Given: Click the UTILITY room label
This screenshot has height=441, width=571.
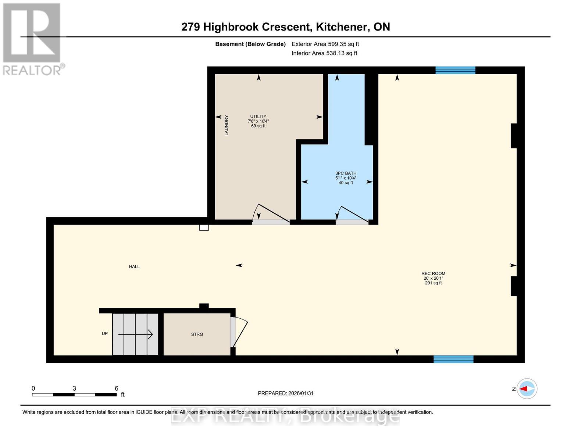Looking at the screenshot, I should pos(258,116).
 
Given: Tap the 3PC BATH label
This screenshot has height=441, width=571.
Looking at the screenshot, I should pos(346,173).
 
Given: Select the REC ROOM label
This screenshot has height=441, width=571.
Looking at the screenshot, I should pos(433,273).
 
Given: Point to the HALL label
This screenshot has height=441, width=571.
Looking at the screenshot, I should pos(134,266).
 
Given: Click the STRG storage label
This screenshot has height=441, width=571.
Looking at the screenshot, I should pos(197,334).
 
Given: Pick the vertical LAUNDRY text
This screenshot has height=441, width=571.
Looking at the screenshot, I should pos(226,125).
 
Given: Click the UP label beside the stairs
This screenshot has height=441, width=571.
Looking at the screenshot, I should pos(105,334).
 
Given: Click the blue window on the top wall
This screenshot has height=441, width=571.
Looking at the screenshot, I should pos(455,70).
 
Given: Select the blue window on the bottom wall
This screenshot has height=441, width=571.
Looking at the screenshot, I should pos(453,359).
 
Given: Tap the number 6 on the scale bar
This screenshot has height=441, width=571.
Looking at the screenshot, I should pos(117,388).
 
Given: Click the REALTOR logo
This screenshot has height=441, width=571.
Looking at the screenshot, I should pos(32,39).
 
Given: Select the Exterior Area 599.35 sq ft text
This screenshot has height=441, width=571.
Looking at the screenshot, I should pos(325,44).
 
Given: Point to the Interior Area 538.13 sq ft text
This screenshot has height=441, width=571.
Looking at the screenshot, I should pos(324,53).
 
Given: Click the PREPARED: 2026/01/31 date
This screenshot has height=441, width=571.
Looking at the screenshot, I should pos(286,393).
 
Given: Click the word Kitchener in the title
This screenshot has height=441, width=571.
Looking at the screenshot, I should pos(342,27).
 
